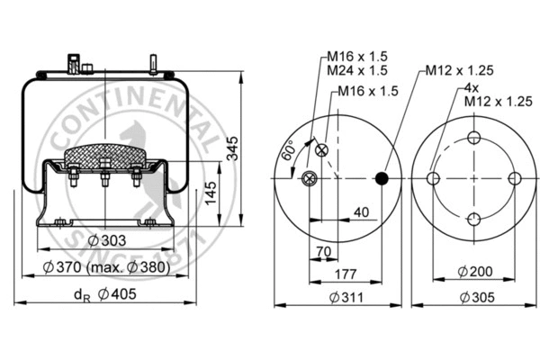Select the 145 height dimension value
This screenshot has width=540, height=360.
click(211, 192)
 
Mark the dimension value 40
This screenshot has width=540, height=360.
click(361, 212)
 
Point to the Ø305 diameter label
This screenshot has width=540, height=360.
click(474, 296)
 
